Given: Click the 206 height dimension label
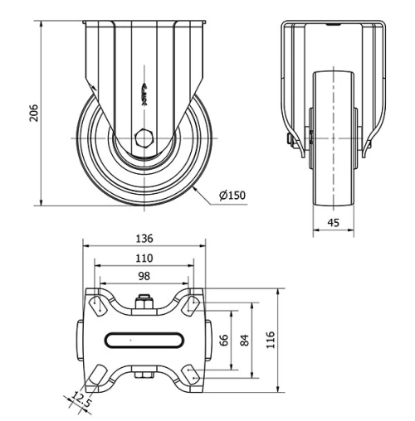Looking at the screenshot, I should [x=34, y=114].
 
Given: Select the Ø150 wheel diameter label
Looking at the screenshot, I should [x=233, y=196].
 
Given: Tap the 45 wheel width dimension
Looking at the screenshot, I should [x=332, y=221].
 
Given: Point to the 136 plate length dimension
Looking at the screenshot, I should [x=144, y=239].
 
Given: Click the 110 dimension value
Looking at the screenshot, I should [x=144, y=259].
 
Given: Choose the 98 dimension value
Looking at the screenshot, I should [x=144, y=276].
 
